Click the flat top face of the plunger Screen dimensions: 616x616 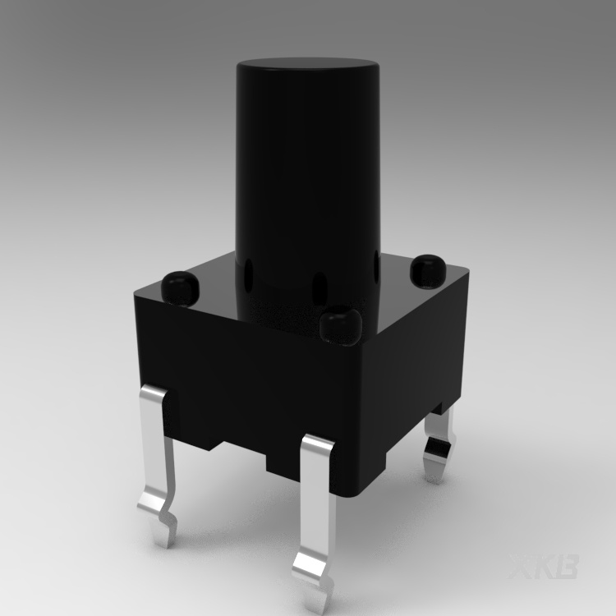[306, 66]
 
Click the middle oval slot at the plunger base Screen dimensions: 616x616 [314, 287]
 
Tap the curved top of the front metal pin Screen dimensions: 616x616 [317, 448]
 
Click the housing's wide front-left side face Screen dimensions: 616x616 [246, 378]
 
